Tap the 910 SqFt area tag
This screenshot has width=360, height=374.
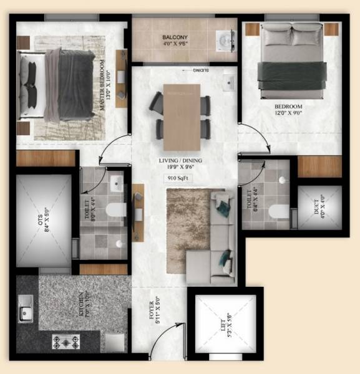pos(179,178)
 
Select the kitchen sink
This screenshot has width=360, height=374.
pos(25,311)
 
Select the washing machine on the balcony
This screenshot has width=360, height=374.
pos(223,41)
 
